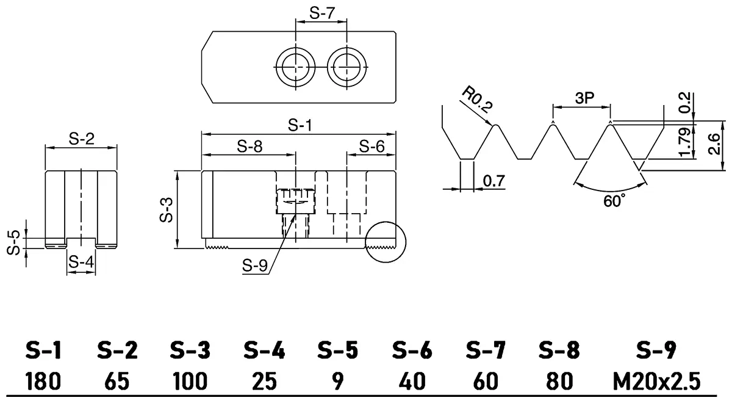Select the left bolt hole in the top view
click(x=295, y=66)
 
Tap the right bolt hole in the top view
click(x=346, y=66)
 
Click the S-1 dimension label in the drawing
click(x=300, y=126)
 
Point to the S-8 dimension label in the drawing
click(x=250, y=147)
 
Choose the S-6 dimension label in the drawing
click(x=371, y=147)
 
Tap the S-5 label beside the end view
click(x=13, y=242)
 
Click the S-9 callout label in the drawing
click(x=255, y=266)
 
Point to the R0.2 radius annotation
click(x=477, y=100)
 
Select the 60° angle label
click(x=612, y=200)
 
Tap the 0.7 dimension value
click(x=493, y=181)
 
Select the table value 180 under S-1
click(x=43, y=382)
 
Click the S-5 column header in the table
click(x=337, y=351)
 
